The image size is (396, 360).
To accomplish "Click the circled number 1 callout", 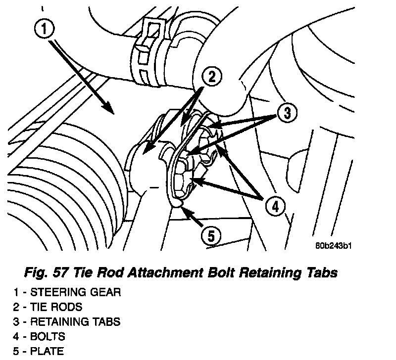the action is pyautogui.click(x=44, y=28).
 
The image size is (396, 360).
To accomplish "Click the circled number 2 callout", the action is pyautogui.click(x=212, y=77).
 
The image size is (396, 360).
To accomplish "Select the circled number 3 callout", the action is pyautogui.click(x=287, y=113).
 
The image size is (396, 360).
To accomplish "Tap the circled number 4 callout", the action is pyautogui.click(x=275, y=206).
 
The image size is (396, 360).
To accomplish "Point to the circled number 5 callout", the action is pyautogui.click(x=211, y=236).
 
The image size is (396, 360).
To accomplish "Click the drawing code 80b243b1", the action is pyautogui.click(x=333, y=245).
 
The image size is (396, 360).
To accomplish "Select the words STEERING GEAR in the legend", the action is pyautogui.click(x=76, y=292).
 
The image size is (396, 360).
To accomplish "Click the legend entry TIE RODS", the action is pyautogui.click(x=56, y=307).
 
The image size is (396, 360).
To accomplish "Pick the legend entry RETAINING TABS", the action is pyautogui.click(x=75, y=321).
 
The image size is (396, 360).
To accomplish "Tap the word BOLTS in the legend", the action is pyautogui.click(x=48, y=337).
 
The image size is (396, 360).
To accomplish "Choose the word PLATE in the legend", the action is pyautogui.click(x=47, y=351).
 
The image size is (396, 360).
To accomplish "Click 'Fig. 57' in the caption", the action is pyautogui.click(x=46, y=272).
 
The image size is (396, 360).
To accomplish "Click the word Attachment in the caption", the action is pyautogui.click(x=165, y=272).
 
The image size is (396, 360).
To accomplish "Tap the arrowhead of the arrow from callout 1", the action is pyautogui.click(x=109, y=108).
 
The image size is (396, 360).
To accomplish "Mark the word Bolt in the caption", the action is pyautogui.click(x=221, y=272).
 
